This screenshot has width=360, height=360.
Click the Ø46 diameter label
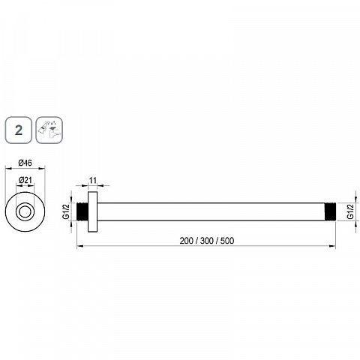click(25, 163)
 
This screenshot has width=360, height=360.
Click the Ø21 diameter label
click(25, 180)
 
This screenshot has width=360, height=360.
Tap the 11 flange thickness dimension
click(93, 180)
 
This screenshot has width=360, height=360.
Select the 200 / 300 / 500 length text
click(207, 241)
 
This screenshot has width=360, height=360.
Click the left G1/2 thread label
click(66, 211)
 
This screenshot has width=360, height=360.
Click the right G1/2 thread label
click(351, 211)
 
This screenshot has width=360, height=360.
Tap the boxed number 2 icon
click(19, 130)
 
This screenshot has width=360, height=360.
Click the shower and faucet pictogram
click(49, 130)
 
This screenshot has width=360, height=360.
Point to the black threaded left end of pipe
click(82, 211)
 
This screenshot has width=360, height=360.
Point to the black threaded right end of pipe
click(330, 211)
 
